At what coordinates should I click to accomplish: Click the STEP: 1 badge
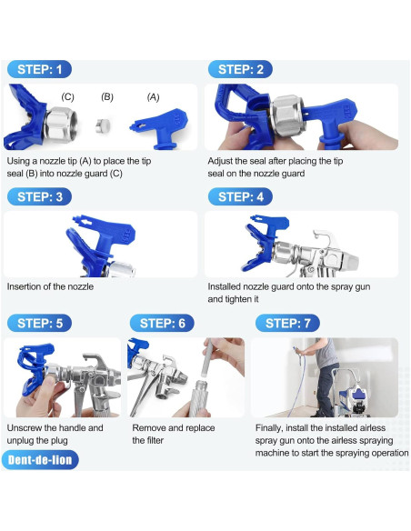[39, 69]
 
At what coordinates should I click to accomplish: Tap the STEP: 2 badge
[241, 69]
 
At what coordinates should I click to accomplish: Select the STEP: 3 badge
[39, 196]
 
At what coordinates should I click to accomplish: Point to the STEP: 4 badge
[241, 196]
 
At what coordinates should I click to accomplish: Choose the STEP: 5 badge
[39, 323]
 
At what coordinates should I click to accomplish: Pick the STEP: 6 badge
[163, 323]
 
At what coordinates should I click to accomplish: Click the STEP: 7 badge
[286, 323]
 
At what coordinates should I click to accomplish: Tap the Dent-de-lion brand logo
[40, 460]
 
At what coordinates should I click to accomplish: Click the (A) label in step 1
[153, 96]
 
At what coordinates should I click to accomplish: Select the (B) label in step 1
[107, 96]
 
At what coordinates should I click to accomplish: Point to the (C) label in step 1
[67, 96]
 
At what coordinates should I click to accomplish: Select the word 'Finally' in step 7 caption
[273, 427]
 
